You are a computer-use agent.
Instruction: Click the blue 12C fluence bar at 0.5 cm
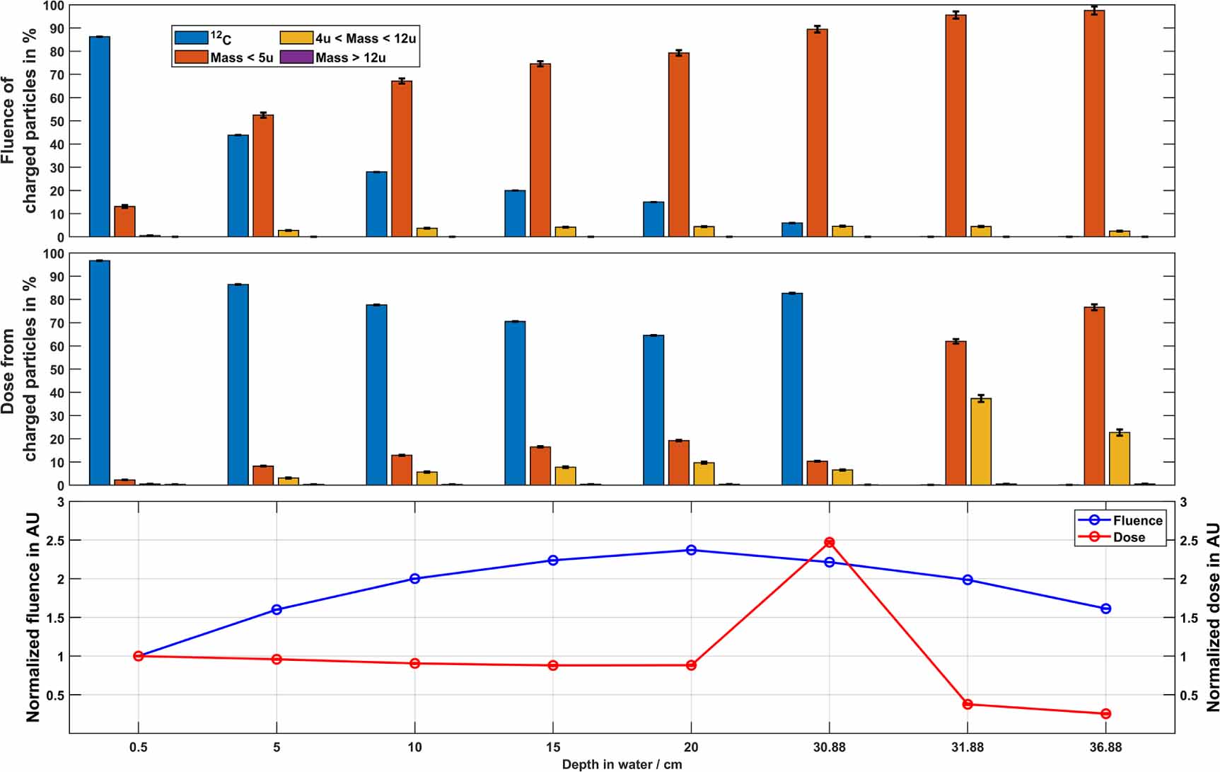100,137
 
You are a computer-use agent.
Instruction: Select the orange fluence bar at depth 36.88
1094,124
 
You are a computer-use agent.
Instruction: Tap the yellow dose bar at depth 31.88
981,442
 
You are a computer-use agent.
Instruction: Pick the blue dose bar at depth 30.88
792,389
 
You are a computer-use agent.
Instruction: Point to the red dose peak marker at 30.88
830,542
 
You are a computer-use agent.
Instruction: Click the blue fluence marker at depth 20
691,550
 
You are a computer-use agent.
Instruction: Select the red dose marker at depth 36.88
1106,714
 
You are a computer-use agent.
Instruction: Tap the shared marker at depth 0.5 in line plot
139,656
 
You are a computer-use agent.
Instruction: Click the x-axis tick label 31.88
968,747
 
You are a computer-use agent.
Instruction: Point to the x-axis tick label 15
553,747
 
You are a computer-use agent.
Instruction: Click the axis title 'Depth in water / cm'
622,764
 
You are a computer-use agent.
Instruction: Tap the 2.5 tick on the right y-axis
1189,541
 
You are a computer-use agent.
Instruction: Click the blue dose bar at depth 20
653,410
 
